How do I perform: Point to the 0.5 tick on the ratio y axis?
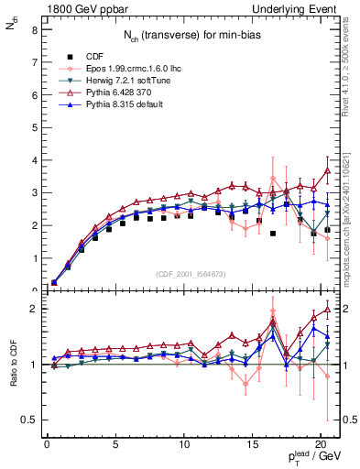tap(29, 420)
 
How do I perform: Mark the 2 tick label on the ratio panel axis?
tap(34, 309)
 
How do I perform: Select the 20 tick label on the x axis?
tap(320, 444)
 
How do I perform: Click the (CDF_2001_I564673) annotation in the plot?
tap(193, 274)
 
